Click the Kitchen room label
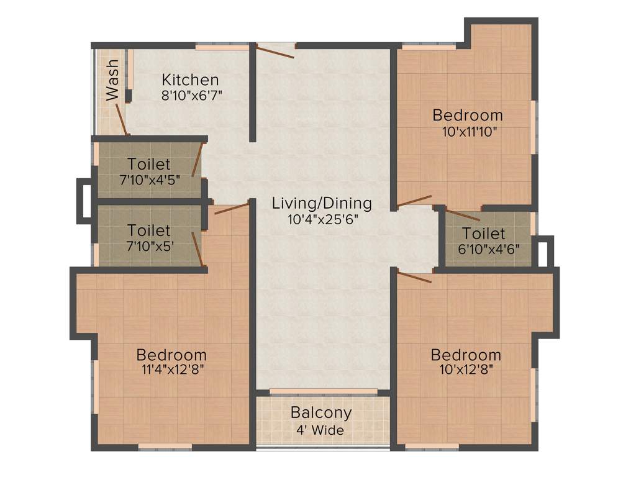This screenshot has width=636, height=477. pos(190,80)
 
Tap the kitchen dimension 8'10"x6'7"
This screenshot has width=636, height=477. pos(191,95)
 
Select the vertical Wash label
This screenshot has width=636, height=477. pos(112,80)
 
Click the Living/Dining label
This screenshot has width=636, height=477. pos(322,203)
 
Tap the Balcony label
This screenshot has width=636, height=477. pos(321,412)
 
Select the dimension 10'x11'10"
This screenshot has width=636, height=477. pos(468,132)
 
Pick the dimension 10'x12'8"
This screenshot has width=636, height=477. pos(466,371)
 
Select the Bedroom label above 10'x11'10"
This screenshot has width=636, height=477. pos(468,116)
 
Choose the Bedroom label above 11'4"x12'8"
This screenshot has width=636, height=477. pos(171,355)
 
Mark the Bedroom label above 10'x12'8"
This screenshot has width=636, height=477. pos(466,355)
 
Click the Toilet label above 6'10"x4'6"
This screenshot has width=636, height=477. pos(484,234)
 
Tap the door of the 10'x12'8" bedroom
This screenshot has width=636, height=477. pos(414,277)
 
